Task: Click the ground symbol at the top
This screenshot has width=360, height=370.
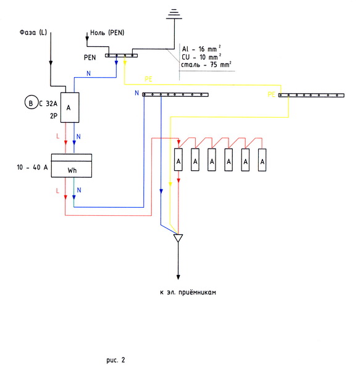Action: tap(174, 14)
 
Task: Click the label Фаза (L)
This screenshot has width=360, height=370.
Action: tap(33, 32)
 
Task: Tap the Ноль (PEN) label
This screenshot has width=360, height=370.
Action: tap(107, 33)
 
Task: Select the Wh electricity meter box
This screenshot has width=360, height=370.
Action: tap(72, 165)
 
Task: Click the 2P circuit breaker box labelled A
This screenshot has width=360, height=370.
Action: tap(70, 107)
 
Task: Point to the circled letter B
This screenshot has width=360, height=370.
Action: tap(31, 103)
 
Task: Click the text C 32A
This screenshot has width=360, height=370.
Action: tap(48, 104)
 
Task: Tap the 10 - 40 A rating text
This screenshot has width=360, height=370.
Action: tap(32, 167)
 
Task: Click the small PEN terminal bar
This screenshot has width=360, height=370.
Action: tap(121, 55)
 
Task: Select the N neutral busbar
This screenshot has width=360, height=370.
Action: tap(175, 94)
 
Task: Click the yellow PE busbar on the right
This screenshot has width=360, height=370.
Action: tap(311, 95)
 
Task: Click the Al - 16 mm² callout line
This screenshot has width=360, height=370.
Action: tap(201, 49)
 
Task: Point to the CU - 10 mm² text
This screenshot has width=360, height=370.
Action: tap(201, 57)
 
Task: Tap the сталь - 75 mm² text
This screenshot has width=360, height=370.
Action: tap(206, 64)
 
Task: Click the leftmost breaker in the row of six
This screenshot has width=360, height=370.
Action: tap(178, 160)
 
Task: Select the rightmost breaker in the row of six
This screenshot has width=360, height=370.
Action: tap(262, 160)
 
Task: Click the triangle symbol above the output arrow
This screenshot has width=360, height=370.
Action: tap(178, 238)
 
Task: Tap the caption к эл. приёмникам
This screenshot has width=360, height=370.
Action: tap(188, 292)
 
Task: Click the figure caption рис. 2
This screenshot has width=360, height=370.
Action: tap(115, 360)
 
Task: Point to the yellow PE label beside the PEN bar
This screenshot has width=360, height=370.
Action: tap(148, 79)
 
